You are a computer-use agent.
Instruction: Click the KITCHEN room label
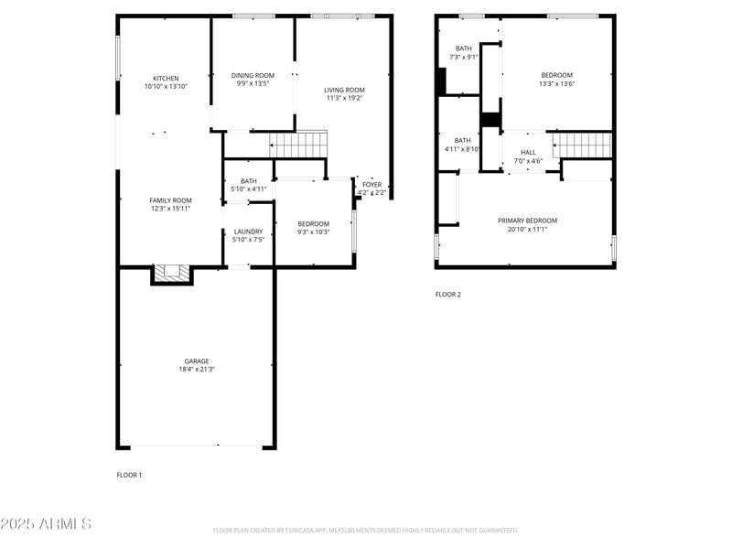click(x=166, y=79)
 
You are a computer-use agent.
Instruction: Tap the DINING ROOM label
click(x=253, y=76)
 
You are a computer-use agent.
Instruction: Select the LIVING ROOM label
click(x=344, y=90)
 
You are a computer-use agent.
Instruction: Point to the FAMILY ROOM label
click(x=170, y=200)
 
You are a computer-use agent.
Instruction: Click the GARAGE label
click(x=197, y=361)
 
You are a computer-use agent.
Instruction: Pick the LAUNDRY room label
click(x=248, y=231)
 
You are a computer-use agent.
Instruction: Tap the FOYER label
click(x=371, y=185)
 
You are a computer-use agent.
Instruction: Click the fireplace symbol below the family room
click(x=171, y=273)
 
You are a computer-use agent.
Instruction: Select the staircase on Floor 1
click(x=298, y=144)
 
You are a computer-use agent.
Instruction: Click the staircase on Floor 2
click(x=582, y=145)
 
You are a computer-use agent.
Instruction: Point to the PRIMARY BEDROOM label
click(x=527, y=221)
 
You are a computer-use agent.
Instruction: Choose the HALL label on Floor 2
click(x=528, y=153)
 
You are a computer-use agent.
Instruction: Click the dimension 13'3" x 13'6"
click(x=556, y=84)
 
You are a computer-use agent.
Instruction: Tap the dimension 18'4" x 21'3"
click(x=197, y=371)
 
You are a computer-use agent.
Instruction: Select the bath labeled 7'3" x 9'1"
click(x=463, y=52)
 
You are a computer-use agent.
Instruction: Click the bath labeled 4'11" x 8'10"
click(x=462, y=145)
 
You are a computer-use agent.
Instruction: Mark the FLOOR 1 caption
click(x=129, y=475)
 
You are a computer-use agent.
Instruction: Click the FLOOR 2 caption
click(x=447, y=295)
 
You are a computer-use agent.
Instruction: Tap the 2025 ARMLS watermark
click(x=46, y=524)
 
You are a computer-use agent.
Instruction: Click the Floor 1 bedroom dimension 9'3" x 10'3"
click(x=313, y=232)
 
